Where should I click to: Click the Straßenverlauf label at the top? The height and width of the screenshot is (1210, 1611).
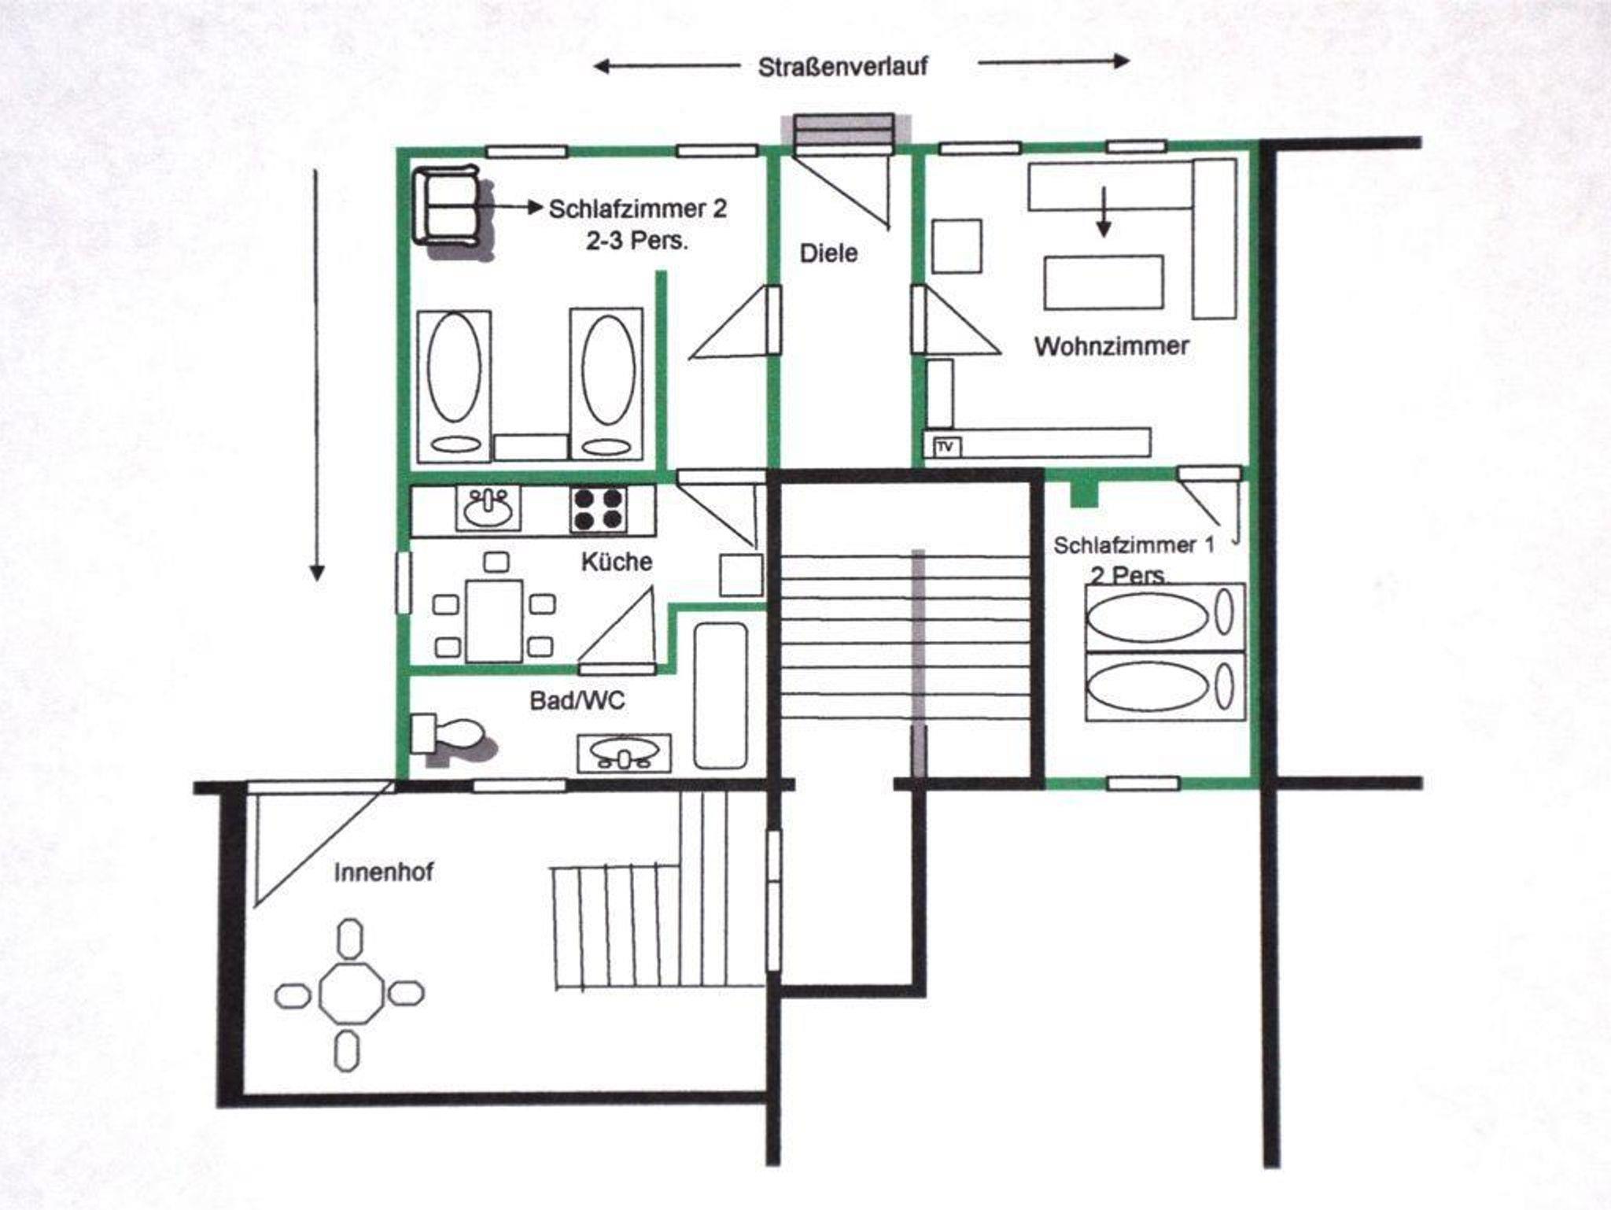(x=842, y=67)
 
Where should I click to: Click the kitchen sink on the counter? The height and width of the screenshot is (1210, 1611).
(x=488, y=508)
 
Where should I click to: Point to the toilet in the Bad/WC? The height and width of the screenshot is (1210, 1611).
(x=446, y=736)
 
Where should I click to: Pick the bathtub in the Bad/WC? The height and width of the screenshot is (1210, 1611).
(x=721, y=695)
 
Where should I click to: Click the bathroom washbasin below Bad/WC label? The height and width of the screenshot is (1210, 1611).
(x=625, y=753)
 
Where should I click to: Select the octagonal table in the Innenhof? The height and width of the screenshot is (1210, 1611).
(x=351, y=994)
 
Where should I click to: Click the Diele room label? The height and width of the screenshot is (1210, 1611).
(x=828, y=253)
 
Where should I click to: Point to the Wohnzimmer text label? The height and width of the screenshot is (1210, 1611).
(x=1111, y=346)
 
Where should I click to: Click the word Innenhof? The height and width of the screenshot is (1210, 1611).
(x=383, y=872)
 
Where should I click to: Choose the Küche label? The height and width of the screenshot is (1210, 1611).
(x=617, y=562)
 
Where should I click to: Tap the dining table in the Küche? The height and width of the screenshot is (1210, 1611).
(x=495, y=621)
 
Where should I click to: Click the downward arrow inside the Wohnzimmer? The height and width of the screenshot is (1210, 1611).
(x=1104, y=211)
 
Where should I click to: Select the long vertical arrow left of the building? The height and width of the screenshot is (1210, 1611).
(x=316, y=375)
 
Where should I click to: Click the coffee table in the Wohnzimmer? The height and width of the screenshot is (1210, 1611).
(x=1104, y=282)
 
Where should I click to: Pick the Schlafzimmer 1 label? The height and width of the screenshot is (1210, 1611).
(x=1134, y=545)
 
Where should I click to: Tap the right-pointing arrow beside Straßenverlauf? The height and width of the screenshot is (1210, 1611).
(x=1054, y=61)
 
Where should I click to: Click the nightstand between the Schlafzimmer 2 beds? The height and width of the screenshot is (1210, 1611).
(x=530, y=447)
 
